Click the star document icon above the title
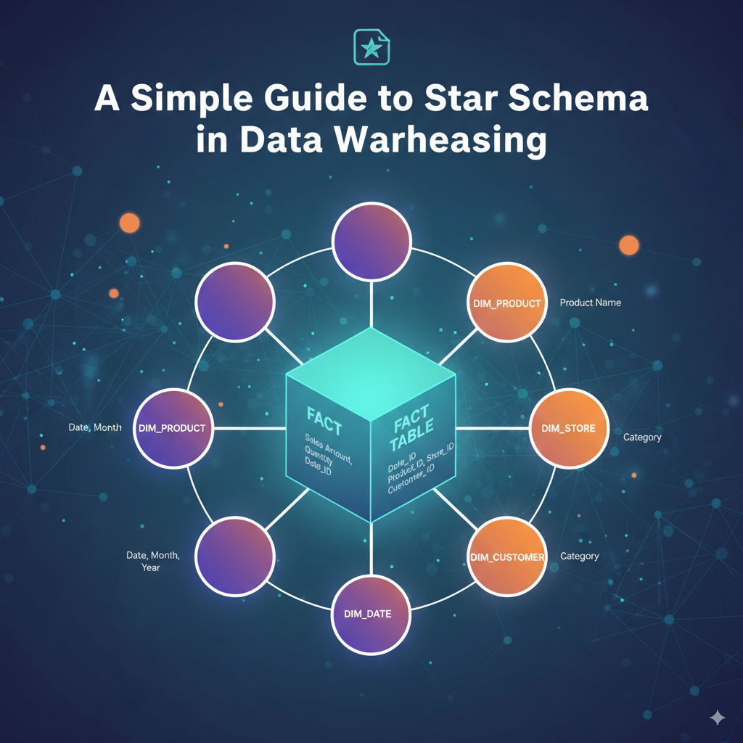click(371, 47)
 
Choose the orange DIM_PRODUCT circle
click(506, 303)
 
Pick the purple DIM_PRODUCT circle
click(172, 428)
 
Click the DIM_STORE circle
click(568, 428)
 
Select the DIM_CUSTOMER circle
click(506, 557)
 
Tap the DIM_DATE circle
click(371, 613)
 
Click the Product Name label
click(590, 303)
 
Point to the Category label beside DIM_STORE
click(642, 438)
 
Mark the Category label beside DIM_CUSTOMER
click(580, 557)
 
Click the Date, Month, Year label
click(152, 561)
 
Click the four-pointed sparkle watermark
click(717, 718)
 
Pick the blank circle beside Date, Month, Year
click(235, 557)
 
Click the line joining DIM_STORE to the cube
click(493, 428)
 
